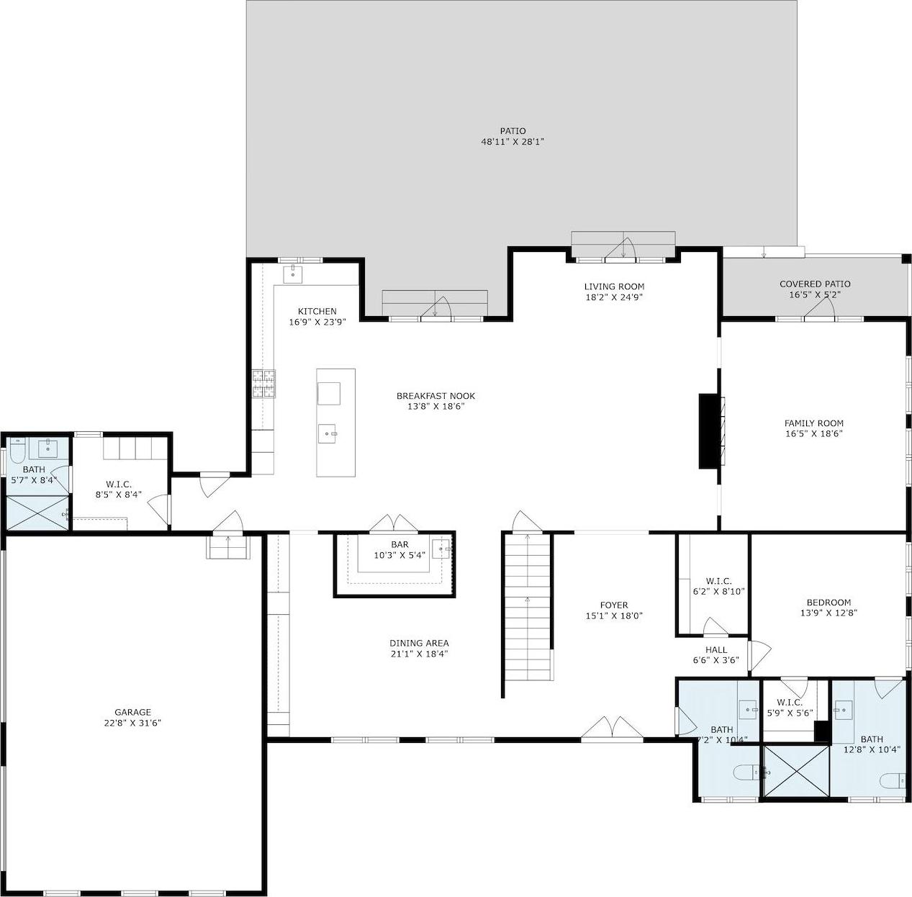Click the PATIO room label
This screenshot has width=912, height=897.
click(513, 131)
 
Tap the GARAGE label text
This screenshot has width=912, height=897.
click(132, 712)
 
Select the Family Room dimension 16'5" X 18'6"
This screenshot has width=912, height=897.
click(813, 433)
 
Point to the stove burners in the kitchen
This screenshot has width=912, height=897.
click(263, 383)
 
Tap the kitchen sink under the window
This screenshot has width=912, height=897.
click(294, 274)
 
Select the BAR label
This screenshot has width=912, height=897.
click(399, 544)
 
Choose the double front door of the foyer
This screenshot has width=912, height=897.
click(612, 729)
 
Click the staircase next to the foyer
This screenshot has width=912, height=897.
click(528, 605)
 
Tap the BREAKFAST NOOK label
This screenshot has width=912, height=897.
click(435, 396)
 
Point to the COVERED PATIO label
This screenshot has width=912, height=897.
click(815, 284)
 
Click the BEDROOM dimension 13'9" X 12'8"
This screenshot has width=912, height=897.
click(829, 613)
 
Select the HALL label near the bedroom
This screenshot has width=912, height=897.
click(716, 649)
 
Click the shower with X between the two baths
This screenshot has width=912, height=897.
click(795, 772)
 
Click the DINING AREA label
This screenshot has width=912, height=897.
click(419, 643)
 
